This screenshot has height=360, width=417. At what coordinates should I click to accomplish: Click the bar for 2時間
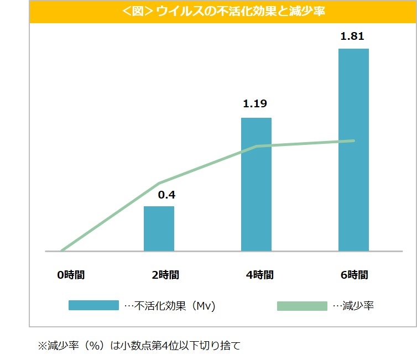[x=159, y=228]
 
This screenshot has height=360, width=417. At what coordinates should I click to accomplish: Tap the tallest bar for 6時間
[x=353, y=149]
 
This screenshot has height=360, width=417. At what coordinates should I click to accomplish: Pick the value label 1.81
[x=353, y=37]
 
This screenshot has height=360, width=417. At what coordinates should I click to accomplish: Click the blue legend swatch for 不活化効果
[x=93, y=305]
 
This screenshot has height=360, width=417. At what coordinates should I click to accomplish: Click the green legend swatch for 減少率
[x=302, y=305]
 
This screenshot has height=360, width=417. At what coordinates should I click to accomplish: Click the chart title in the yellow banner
[x=223, y=11]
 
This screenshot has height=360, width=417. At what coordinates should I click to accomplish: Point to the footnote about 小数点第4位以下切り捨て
[x=139, y=346]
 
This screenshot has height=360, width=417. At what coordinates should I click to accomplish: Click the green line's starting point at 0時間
[x=61, y=251]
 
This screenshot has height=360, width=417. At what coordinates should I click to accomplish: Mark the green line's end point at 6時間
[x=353, y=140]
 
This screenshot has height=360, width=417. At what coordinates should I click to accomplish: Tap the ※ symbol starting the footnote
[x=42, y=346]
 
